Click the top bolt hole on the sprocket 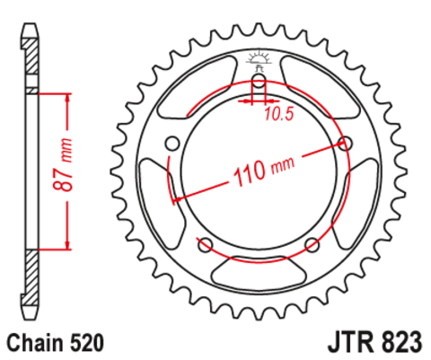pyautogui.click(x=259, y=85)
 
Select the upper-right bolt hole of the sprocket pyautogui.click(x=345, y=142)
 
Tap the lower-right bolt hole pyautogui.click(x=312, y=244)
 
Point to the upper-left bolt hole pyautogui.click(x=172, y=142)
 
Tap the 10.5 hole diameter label pyautogui.click(x=279, y=111)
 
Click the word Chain pyautogui.click(x=34, y=343)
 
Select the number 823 pyautogui.click(x=399, y=343)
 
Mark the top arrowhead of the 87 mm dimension pyautogui.click(x=67, y=95)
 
